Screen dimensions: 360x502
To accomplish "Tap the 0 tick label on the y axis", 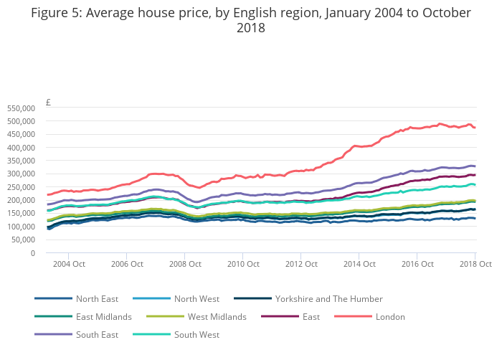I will (32, 253).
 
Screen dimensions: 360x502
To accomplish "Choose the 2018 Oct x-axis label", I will (475, 265).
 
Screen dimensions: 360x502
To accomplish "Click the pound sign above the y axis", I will (48, 103).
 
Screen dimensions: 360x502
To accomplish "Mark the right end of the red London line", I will (475, 128).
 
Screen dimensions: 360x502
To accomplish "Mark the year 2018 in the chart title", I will (250, 29).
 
